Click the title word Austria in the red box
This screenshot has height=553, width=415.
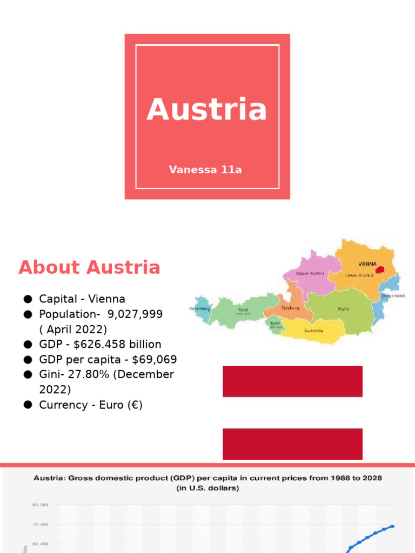[207, 110]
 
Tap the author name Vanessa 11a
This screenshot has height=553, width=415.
[205, 170]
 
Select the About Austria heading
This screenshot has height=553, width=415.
[89, 267]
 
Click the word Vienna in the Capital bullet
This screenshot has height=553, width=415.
[106, 299]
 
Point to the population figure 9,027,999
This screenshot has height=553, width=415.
[135, 314]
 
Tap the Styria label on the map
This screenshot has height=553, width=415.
[343, 309]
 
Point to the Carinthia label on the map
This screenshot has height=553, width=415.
[314, 331]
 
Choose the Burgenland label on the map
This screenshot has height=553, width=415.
[393, 296]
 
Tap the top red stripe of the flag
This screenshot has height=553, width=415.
[292, 381]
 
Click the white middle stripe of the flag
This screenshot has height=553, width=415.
[292, 413]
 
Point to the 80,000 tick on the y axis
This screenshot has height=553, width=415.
[40, 505]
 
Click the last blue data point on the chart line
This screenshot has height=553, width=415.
[392, 526]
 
